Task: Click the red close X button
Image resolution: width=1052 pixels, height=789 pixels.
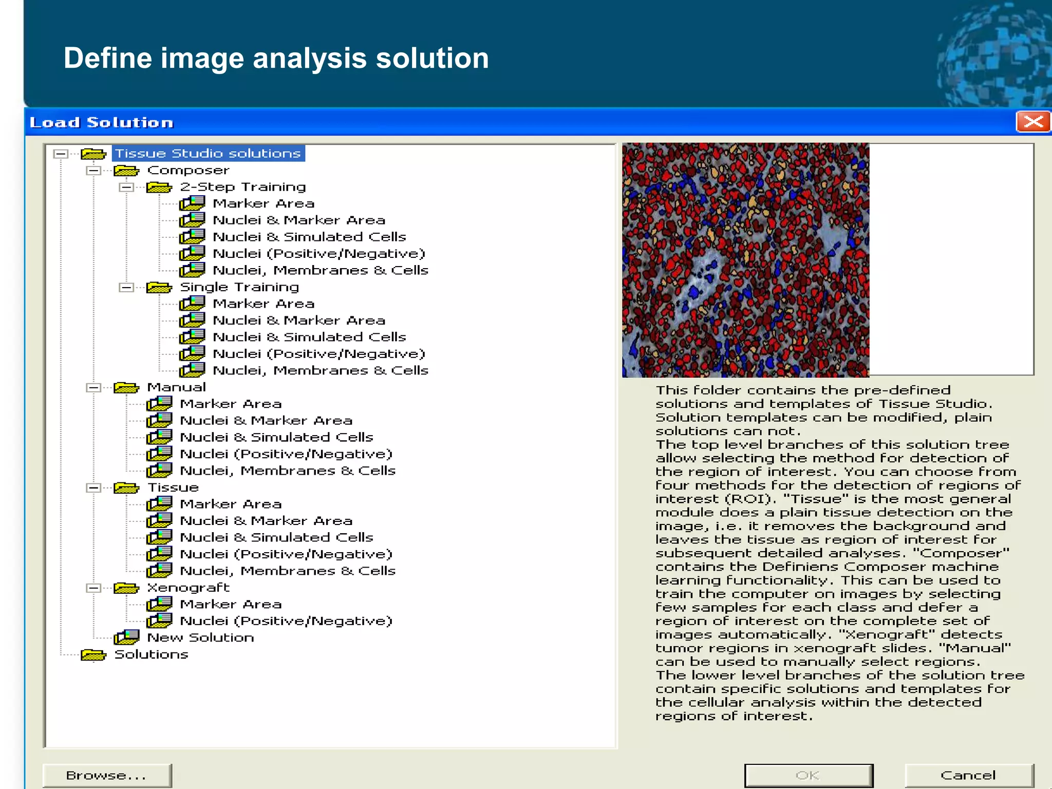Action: click(1032, 122)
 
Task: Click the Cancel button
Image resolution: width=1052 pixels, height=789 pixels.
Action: click(968, 775)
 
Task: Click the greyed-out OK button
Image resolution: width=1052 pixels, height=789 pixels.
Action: click(808, 775)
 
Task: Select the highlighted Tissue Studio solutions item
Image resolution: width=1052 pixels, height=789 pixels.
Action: click(208, 154)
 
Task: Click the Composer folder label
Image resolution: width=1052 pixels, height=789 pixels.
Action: click(188, 171)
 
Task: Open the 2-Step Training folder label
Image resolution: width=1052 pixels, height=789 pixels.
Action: click(242, 187)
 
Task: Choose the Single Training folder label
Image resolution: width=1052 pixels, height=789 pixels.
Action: click(239, 287)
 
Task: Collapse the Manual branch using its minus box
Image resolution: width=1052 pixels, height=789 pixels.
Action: click(93, 388)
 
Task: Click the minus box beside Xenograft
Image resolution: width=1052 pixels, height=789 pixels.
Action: click(93, 588)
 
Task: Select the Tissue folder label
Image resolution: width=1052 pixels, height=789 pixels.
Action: click(173, 487)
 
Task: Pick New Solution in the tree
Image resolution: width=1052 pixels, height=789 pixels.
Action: click(200, 637)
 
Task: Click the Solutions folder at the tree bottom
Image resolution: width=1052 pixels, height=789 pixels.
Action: click(151, 654)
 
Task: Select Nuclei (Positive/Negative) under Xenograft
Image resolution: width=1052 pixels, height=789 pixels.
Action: click(286, 621)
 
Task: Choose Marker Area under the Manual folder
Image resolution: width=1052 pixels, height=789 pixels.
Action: click(231, 404)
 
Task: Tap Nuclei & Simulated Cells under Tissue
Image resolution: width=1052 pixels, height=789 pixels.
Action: click(276, 537)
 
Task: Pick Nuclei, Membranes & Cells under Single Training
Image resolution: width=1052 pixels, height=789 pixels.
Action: click(320, 370)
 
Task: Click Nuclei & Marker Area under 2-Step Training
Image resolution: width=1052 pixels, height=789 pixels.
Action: click(299, 220)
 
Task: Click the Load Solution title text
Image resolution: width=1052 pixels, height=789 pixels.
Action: click(102, 123)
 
